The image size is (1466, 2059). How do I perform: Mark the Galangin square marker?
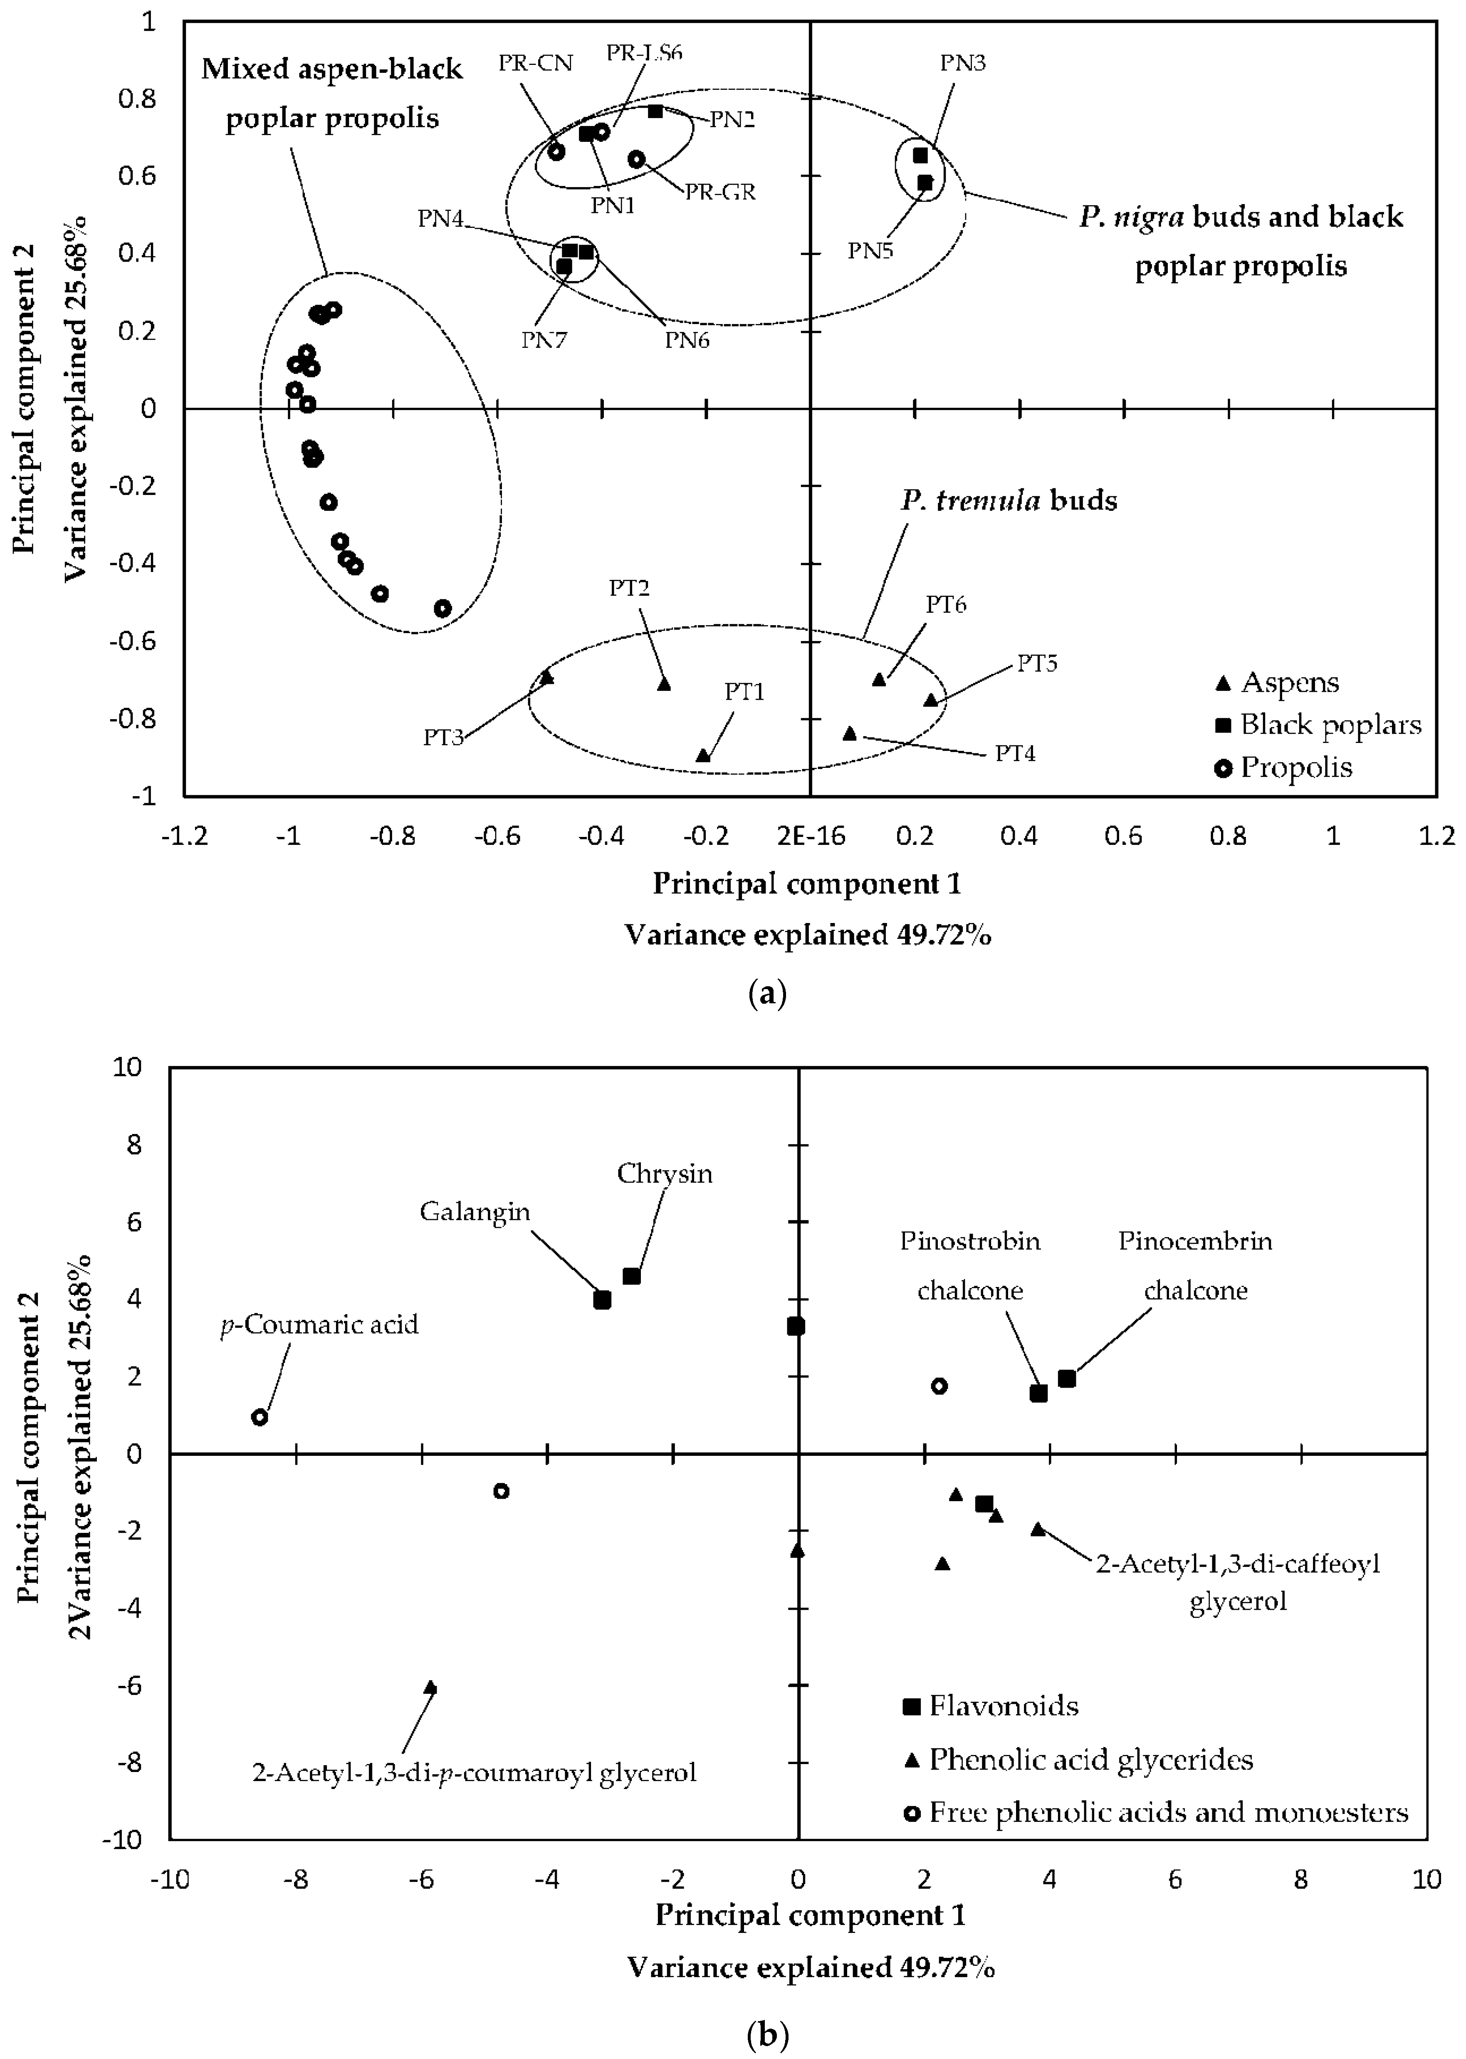(x=602, y=1300)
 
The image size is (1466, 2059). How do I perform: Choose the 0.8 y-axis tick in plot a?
(x=137, y=99)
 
